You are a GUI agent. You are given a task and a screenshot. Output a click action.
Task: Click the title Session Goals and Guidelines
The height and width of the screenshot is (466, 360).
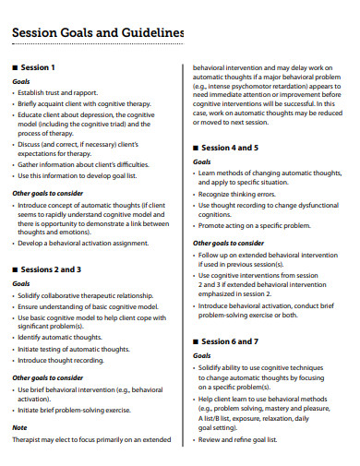point(98,34)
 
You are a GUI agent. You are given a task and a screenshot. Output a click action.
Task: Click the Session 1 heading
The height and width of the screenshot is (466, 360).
point(38,67)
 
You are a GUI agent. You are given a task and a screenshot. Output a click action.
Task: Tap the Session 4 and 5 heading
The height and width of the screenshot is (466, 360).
point(231,148)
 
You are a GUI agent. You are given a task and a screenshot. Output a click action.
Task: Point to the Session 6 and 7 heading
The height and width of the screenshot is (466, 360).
point(231,341)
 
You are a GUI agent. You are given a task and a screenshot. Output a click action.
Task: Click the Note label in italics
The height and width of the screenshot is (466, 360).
point(19,428)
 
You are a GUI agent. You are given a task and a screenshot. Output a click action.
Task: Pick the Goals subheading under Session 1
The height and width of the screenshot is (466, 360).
point(21,81)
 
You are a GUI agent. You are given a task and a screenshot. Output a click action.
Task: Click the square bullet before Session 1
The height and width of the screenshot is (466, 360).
point(14,67)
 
